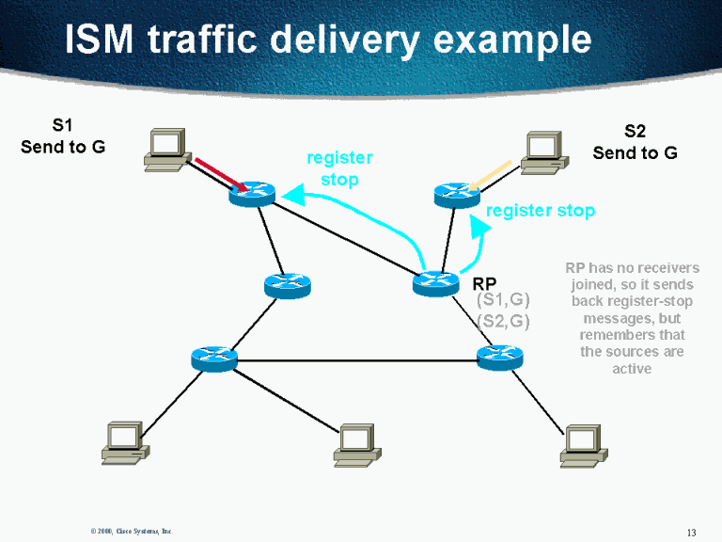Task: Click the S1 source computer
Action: (165, 149)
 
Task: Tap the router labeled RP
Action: (435, 282)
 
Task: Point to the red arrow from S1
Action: (222, 175)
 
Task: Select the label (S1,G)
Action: (504, 300)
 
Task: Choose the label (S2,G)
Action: (504, 321)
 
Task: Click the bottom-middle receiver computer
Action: (357, 444)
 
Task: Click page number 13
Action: (691, 533)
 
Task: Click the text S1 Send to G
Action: (63, 135)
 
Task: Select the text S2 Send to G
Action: (635, 142)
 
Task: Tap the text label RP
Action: (484, 282)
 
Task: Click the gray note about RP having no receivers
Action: (631, 318)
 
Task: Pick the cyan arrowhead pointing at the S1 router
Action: (292, 195)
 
